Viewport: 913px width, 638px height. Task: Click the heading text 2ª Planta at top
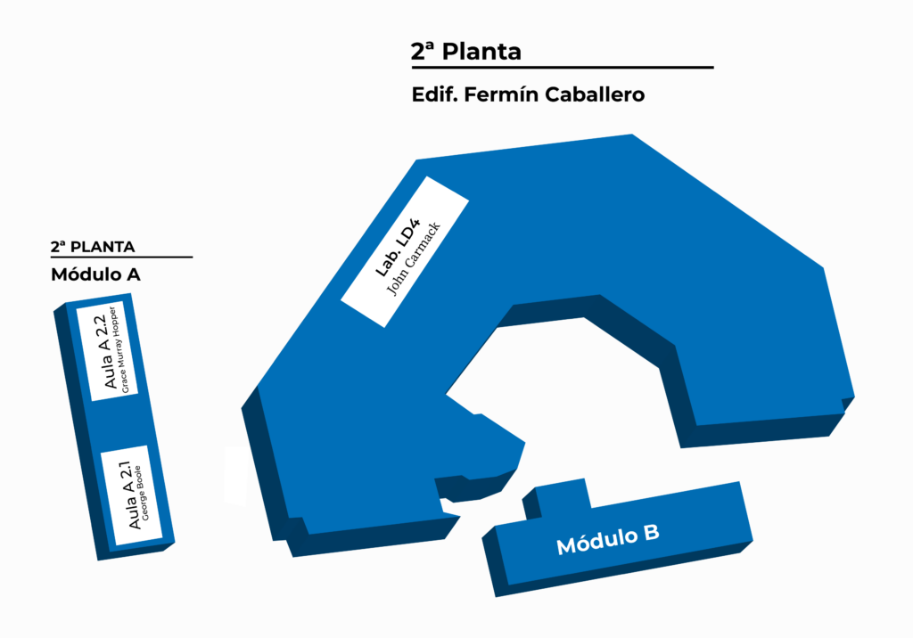point(465,51)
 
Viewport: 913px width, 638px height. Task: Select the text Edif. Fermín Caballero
point(528,94)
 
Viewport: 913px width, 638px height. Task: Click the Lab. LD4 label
point(397,248)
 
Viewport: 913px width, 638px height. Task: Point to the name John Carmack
point(414,259)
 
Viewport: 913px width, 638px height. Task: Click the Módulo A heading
point(95,274)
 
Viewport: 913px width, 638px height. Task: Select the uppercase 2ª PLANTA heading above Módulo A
point(93,247)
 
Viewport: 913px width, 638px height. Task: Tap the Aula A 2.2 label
point(105,351)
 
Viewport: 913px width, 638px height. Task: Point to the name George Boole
point(142,493)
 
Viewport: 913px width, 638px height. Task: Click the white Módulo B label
point(608,539)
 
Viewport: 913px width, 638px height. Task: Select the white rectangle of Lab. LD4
point(405,252)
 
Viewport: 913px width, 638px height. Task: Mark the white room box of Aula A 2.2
point(107,351)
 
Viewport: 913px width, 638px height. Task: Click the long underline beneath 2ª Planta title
point(563,68)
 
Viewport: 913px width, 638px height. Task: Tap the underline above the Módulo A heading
point(121,257)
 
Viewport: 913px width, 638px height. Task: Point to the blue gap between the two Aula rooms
point(120,423)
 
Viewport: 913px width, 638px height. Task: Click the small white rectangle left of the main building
point(235,474)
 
